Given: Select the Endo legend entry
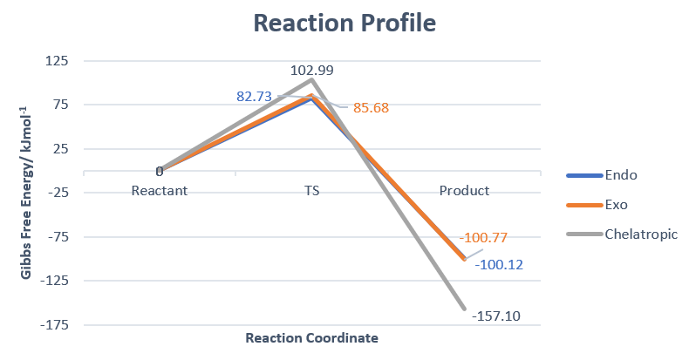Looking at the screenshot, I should pyautogui.click(x=621, y=174).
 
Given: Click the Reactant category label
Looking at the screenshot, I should pyautogui.click(x=160, y=191).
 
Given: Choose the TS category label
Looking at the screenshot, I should pyautogui.click(x=311, y=191).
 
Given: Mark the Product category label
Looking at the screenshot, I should pyautogui.click(x=464, y=191).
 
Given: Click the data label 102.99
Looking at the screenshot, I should pyautogui.click(x=312, y=71).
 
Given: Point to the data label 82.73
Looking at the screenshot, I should pyautogui.click(x=257, y=97).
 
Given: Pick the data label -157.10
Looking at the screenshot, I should pyautogui.click(x=495, y=316).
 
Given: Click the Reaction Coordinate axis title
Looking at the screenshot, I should pyautogui.click(x=311, y=338).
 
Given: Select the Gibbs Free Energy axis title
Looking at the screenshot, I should pyautogui.click(x=28, y=193).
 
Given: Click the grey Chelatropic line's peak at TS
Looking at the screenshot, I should pyautogui.click(x=311, y=80).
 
